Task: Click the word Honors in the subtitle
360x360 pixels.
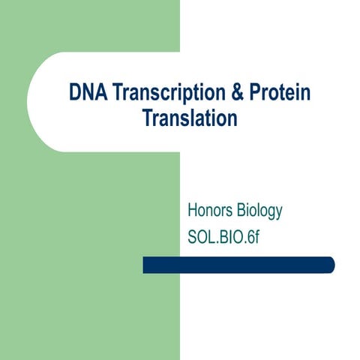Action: point(210,211)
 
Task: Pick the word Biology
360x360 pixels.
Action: point(259,211)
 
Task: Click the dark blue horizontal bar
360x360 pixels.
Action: point(238,265)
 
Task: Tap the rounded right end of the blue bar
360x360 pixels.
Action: point(330,265)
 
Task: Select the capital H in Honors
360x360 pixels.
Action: point(193,211)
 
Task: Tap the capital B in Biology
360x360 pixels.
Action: point(240,211)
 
